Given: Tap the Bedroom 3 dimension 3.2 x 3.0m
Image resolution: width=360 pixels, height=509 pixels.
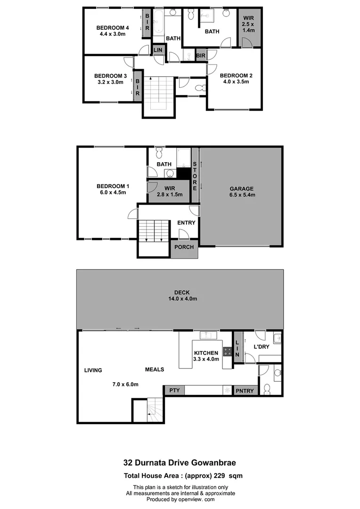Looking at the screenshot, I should pos(110,82).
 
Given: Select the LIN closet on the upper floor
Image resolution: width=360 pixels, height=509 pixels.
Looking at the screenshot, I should pos(158,50).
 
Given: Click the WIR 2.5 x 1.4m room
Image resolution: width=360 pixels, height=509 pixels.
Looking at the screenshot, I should pos(248,27).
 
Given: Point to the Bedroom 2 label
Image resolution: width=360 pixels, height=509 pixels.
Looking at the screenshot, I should pos(236,75).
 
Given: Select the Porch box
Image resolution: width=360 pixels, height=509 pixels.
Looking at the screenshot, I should pos(184,247).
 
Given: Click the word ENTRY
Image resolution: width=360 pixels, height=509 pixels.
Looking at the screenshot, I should pos(186,223).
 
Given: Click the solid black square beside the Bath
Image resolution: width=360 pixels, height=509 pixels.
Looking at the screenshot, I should pos(184,173).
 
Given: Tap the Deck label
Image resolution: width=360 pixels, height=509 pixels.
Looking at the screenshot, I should pos(181,293).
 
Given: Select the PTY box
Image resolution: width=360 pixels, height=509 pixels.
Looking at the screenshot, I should pos(174,390).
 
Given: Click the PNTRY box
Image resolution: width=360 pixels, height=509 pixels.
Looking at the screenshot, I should pos(245,390).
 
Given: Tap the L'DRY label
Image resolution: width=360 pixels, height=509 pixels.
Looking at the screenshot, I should pos(261,347).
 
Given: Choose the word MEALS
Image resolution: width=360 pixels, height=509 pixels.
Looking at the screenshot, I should pos(154,369).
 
